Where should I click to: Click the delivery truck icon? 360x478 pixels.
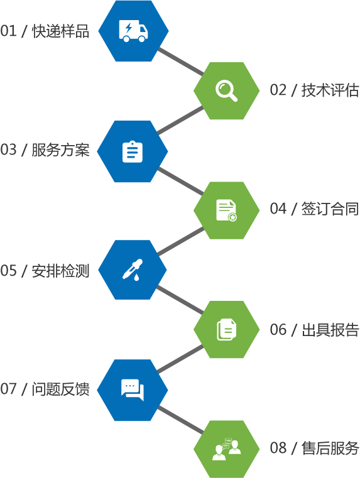pos(133,31)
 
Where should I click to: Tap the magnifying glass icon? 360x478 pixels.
pos(226,90)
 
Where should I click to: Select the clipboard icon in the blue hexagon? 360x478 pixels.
pos(133,151)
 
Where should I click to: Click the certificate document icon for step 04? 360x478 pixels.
pos(226,210)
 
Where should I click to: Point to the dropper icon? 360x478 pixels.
pos(133,270)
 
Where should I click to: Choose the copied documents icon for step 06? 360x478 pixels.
pos(226,329)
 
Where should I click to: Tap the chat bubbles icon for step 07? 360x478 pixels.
pos(133,389)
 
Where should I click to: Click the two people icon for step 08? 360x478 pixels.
pos(226,449)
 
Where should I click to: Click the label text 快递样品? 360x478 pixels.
pos(61,31)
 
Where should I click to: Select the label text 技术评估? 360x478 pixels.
pos(330,90)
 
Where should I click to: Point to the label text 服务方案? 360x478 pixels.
pos(61,149)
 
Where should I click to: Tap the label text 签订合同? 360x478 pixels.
pos(330,209)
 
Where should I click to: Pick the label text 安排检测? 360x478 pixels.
pos(61,271)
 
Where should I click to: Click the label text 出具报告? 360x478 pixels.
pos(330,330)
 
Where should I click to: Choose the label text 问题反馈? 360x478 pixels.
pos(61,389)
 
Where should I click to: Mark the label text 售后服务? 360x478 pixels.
pos(330,448)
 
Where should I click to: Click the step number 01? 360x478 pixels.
pos(8,31)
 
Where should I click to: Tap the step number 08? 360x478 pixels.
pos(278,448)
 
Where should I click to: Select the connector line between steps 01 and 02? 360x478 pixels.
pos(180,61)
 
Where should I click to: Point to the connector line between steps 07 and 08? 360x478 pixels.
pos(180,420)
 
